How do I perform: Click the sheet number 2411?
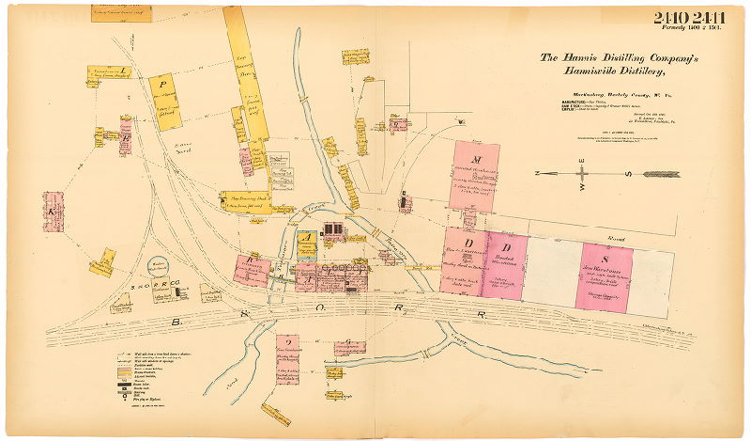716,18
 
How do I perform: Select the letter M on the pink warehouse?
477,159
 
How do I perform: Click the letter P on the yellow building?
162,83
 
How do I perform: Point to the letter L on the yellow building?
124,71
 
